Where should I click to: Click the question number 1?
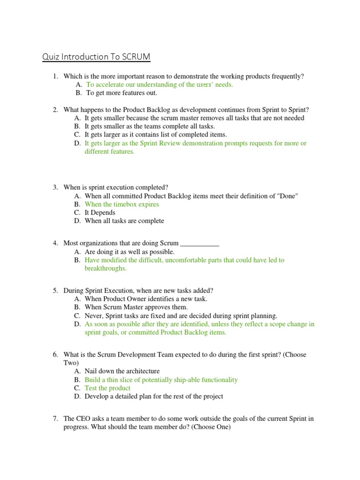click(55, 76)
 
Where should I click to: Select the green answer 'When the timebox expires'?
click(121, 204)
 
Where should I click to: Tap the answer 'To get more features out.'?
click(121, 93)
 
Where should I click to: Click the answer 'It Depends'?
click(100, 213)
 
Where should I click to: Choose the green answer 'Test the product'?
click(107, 388)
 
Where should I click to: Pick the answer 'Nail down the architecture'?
click(122, 371)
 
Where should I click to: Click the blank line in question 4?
click(200, 244)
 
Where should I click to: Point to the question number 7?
click(55, 419)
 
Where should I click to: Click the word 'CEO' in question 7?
click(82, 419)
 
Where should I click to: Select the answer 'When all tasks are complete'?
click(124, 221)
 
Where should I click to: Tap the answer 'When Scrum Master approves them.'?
click(136, 307)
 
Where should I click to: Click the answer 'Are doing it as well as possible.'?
click(129, 252)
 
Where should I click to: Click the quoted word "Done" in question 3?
click(288, 196)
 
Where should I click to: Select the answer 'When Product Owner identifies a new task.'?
click(146, 299)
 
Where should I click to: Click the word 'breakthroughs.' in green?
click(105, 269)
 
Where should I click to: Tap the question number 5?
click(55, 291)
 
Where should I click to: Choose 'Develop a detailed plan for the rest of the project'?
click(154, 397)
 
